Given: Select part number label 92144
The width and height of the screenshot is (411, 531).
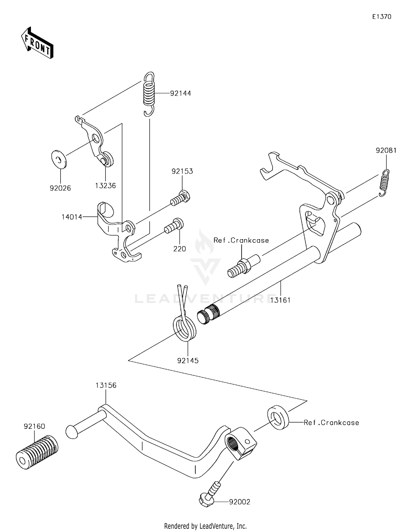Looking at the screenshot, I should [180, 93].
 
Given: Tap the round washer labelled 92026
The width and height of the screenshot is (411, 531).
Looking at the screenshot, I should [59, 159].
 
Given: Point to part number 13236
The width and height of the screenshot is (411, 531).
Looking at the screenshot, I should [105, 186].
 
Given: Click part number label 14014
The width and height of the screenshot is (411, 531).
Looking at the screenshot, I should [72, 217].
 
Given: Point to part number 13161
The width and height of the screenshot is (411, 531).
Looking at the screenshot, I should [280, 300].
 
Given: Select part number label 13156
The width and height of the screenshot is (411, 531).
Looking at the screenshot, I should [106, 385].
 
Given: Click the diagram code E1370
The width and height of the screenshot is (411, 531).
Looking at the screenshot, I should [381, 17].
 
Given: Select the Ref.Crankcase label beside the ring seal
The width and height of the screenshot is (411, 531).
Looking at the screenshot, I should [331, 423].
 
